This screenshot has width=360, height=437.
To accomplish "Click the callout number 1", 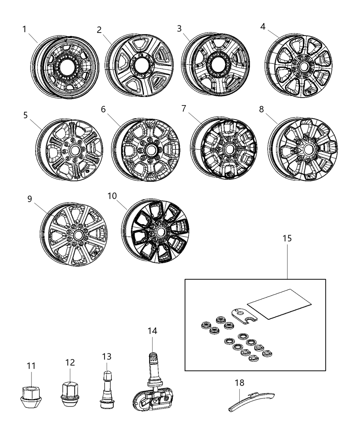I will pos(24,29).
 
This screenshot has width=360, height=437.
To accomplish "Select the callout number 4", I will pos(263,26).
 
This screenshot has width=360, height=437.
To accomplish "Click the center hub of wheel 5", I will pos(74,151).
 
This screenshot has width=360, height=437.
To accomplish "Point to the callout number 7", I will pos(184,109).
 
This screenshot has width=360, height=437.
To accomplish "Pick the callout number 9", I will pos(29,199).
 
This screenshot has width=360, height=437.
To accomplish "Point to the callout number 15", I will pos(287,238).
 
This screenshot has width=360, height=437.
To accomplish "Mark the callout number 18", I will pos(240,382).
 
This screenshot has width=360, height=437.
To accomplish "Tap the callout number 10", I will pos(112,196).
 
